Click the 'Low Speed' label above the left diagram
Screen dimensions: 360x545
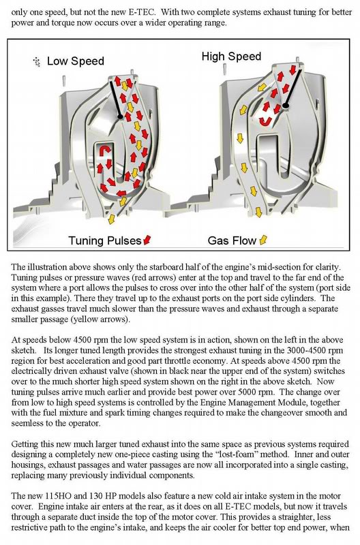[76, 61]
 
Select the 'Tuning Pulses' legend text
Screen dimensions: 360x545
[104, 240]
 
